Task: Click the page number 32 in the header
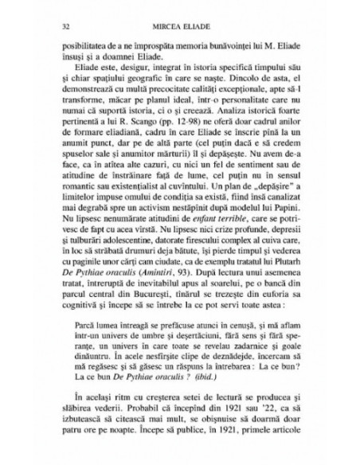pyautogui.click(x=53, y=25)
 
